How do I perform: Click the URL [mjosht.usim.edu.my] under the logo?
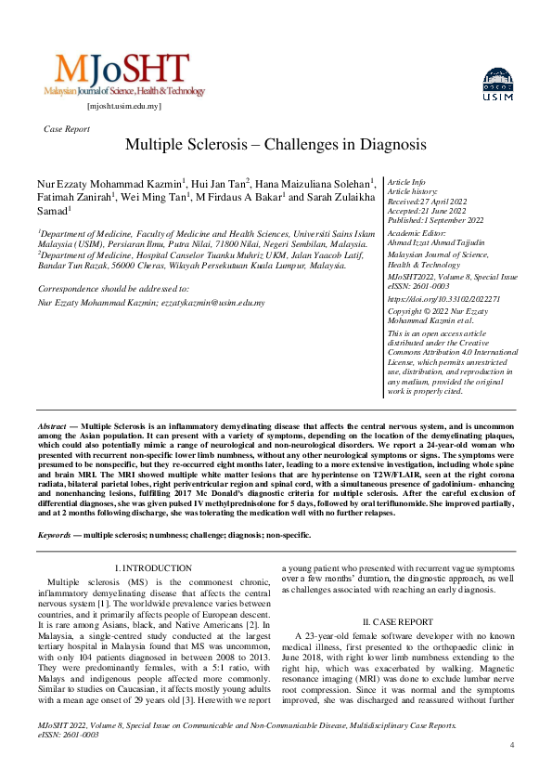pos(123,106)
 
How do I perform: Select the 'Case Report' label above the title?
pos(67,129)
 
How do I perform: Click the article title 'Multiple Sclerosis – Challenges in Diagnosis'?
pos(276,146)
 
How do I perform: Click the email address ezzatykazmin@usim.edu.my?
pos(212,303)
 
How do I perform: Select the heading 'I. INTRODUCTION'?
pos(153,567)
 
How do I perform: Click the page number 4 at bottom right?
pos(512,746)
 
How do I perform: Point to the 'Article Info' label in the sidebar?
pos(406,182)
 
